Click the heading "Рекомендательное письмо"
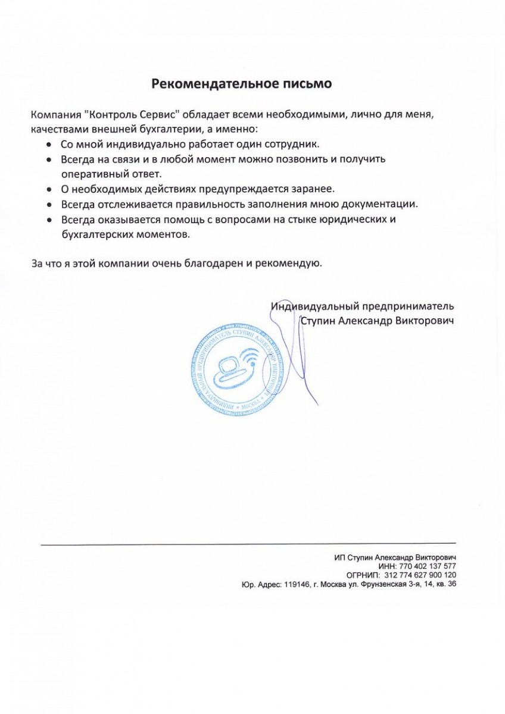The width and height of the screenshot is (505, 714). (241, 83)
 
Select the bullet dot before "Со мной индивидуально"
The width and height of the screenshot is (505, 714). (49, 145)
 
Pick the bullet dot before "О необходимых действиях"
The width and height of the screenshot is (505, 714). (49, 189)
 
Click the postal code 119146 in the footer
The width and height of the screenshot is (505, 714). (296, 584)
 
